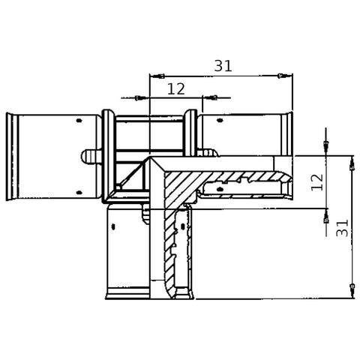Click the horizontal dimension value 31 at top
pyautogui.click(x=223, y=66)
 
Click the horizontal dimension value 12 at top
pyautogui.click(x=176, y=88)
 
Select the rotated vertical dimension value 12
pyautogui.click(x=317, y=182)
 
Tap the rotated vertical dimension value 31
pyautogui.click(x=342, y=228)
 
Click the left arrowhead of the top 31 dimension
pyautogui.click(x=157, y=76)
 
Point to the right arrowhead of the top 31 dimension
pyautogui.click(x=285, y=76)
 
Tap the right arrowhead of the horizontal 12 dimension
pyautogui.click(x=210, y=97)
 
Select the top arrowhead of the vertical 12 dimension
pyautogui.click(x=326, y=148)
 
